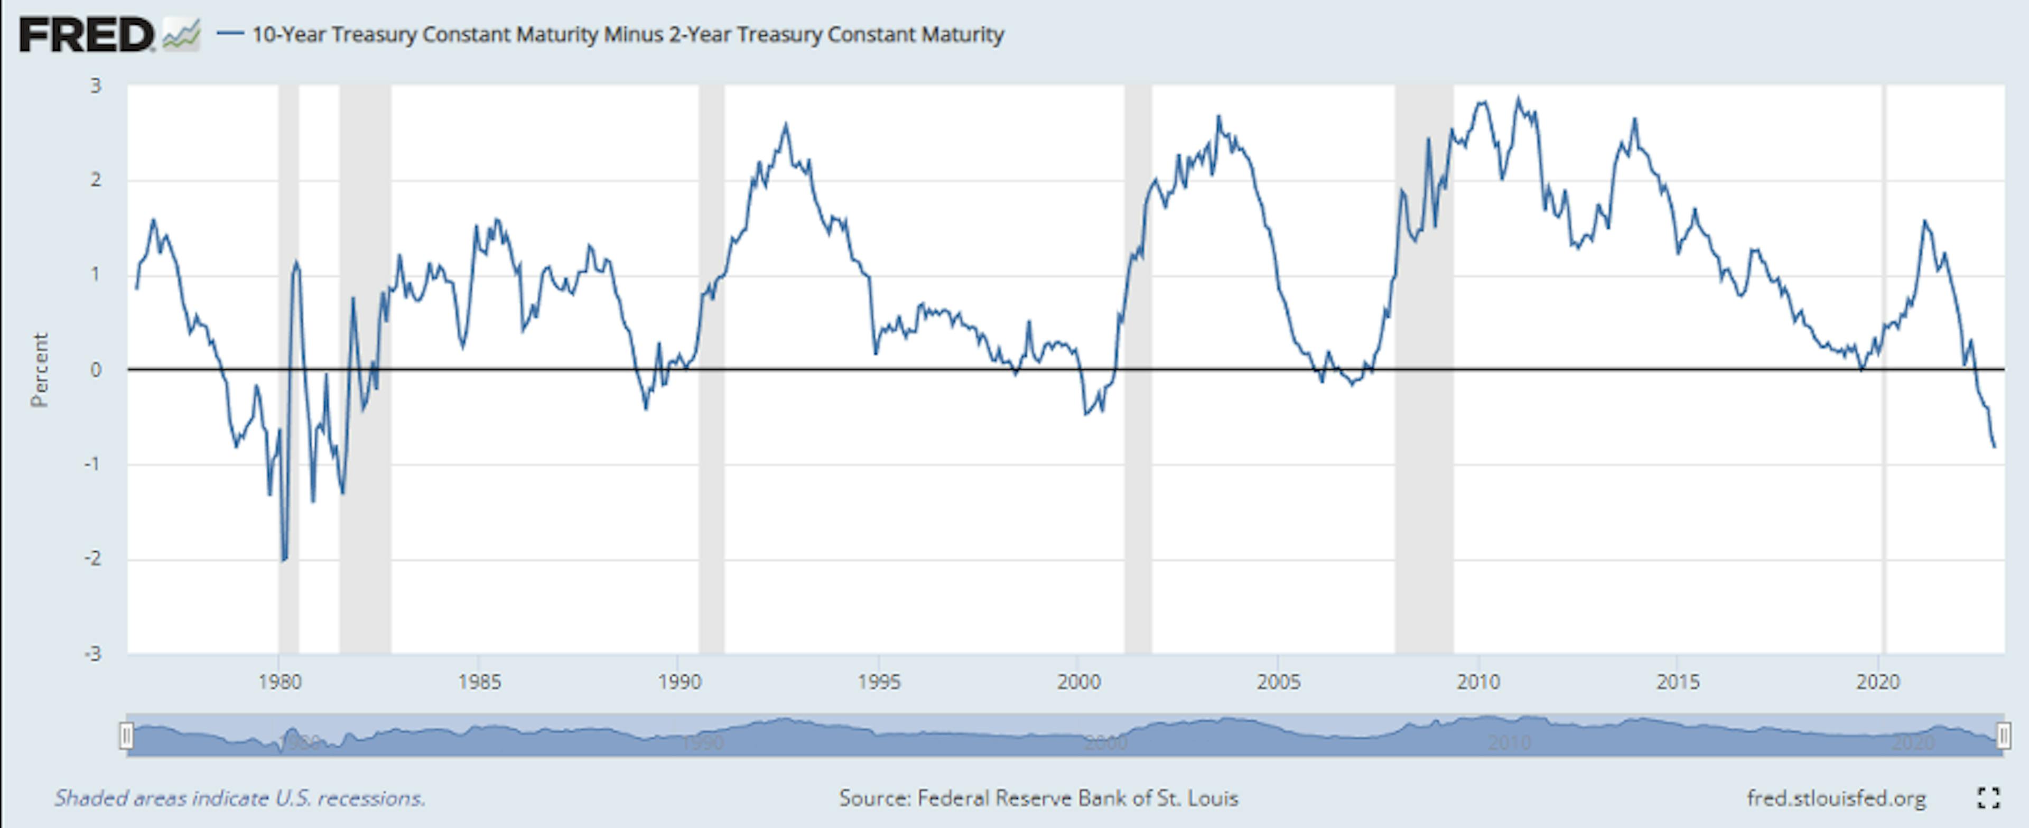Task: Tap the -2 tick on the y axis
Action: click(93, 559)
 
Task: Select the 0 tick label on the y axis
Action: click(96, 369)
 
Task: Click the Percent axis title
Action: click(40, 369)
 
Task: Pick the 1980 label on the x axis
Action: click(280, 682)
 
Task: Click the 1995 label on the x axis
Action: click(879, 682)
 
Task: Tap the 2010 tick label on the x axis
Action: click(1478, 682)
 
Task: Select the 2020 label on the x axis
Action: click(1878, 682)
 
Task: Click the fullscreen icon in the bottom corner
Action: click(1989, 798)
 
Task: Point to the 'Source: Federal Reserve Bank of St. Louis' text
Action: click(1038, 798)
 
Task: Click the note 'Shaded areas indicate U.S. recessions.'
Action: click(239, 798)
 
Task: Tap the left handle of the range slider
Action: click(126, 737)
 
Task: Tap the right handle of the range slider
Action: click(2003, 737)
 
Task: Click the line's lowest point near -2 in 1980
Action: click(284, 560)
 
